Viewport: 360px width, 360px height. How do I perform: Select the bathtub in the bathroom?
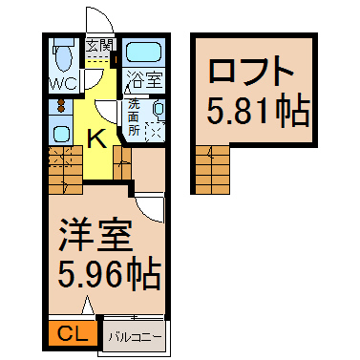(x=142, y=52)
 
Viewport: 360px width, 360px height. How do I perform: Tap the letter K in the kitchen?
(x=97, y=138)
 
